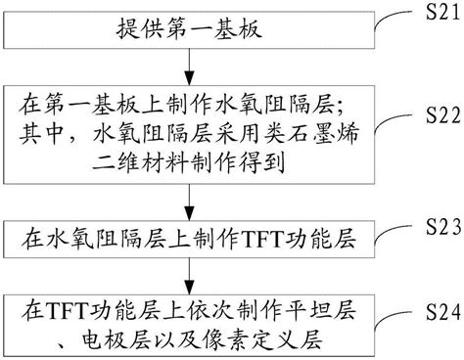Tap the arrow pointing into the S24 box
tap(188, 277)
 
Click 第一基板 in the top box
tap(208, 30)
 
